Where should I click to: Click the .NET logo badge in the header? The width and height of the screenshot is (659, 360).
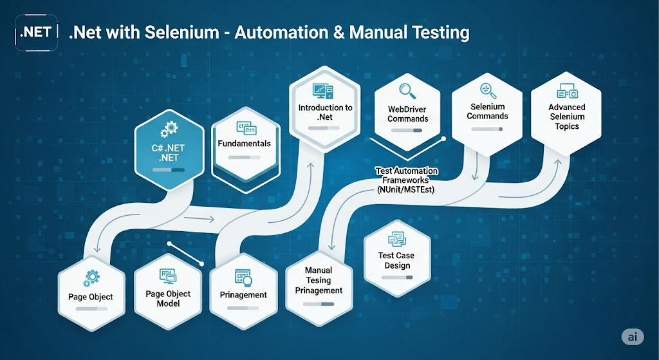[x=36, y=32]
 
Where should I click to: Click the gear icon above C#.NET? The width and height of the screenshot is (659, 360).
[x=168, y=129]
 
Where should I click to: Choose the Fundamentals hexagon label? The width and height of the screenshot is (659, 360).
[x=245, y=144]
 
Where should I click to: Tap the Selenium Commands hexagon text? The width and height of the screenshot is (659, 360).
[x=487, y=111]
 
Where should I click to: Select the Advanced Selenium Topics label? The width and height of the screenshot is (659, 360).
[x=566, y=117]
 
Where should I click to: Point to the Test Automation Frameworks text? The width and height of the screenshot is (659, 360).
[x=407, y=180]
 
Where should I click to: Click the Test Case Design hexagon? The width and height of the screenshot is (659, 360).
[x=396, y=261]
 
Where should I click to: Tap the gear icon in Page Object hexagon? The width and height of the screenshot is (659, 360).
[x=91, y=278]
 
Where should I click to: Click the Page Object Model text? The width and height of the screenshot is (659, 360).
[x=168, y=298]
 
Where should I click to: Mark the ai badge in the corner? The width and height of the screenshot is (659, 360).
[x=633, y=337]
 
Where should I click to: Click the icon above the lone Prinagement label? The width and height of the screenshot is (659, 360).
[x=243, y=277]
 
